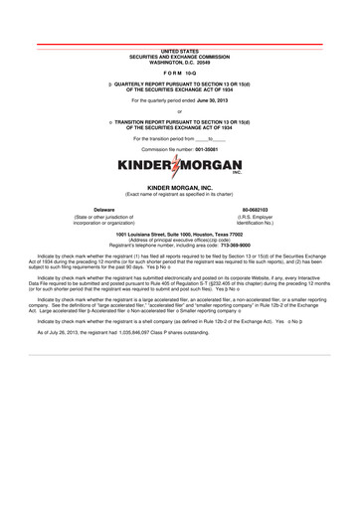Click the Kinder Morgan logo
(180, 166)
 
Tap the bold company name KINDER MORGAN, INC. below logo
(180, 186)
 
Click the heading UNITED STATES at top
(180, 49)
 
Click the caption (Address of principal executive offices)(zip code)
(180, 239)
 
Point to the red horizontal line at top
(180, 42)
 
